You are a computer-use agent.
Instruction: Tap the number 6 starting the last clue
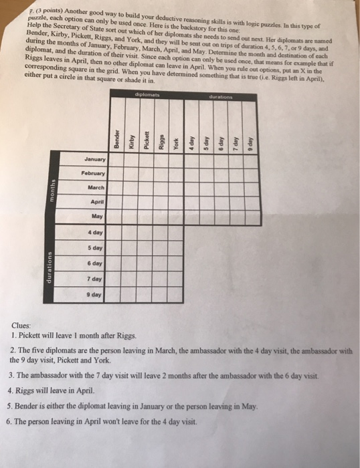click(x=14, y=423)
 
